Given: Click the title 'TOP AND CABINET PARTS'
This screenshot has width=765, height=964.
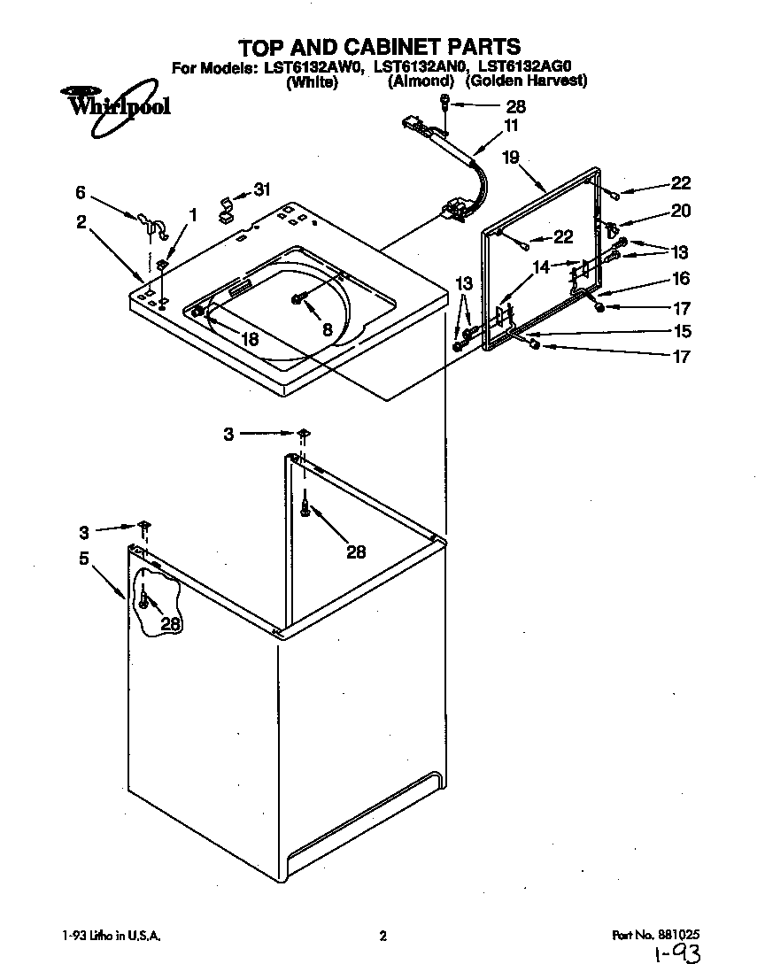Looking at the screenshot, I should [381, 46].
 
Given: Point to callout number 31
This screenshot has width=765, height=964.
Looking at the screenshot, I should [263, 189].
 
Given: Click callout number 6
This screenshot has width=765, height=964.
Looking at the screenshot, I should [81, 191].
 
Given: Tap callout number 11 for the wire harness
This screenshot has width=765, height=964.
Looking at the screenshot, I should [511, 126].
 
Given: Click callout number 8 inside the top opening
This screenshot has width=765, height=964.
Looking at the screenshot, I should [328, 329].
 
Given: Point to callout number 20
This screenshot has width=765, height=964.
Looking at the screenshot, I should [681, 212].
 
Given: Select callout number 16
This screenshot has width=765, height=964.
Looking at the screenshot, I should [681, 279].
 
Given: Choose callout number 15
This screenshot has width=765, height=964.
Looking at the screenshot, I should [681, 332].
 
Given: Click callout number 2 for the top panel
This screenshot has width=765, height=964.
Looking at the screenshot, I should [81, 222].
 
